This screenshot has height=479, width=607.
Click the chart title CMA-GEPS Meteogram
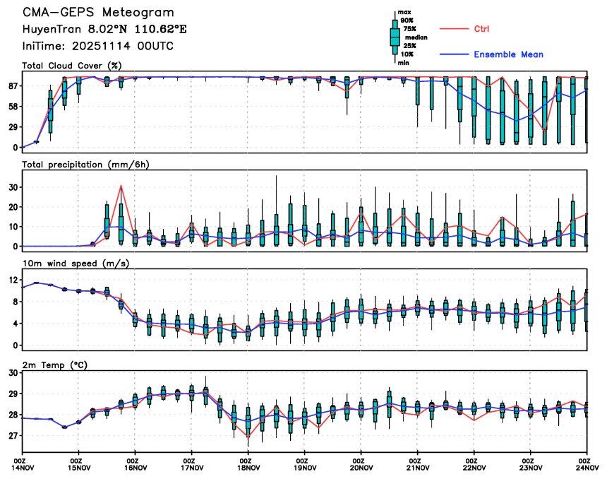click(x=97, y=13)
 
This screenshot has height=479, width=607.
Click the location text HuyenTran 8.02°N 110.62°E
click(x=109, y=30)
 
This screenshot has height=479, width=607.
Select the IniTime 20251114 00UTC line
click(x=97, y=46)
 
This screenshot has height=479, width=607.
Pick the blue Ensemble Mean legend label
click(x=508, y=54)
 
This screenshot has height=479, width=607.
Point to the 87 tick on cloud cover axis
click(x=12, y=86)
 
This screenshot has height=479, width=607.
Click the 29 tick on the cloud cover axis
click(x=12, y=127)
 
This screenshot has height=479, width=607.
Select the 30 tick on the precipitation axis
click(x=12, y=187)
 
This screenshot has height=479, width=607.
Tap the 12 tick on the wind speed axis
click(x=12, y=280)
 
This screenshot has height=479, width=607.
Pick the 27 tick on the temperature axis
click(x=12, y=436)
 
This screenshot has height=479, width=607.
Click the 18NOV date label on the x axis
click(x=248, y=467)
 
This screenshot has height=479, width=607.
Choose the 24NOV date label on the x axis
click(x=587, y=467)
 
